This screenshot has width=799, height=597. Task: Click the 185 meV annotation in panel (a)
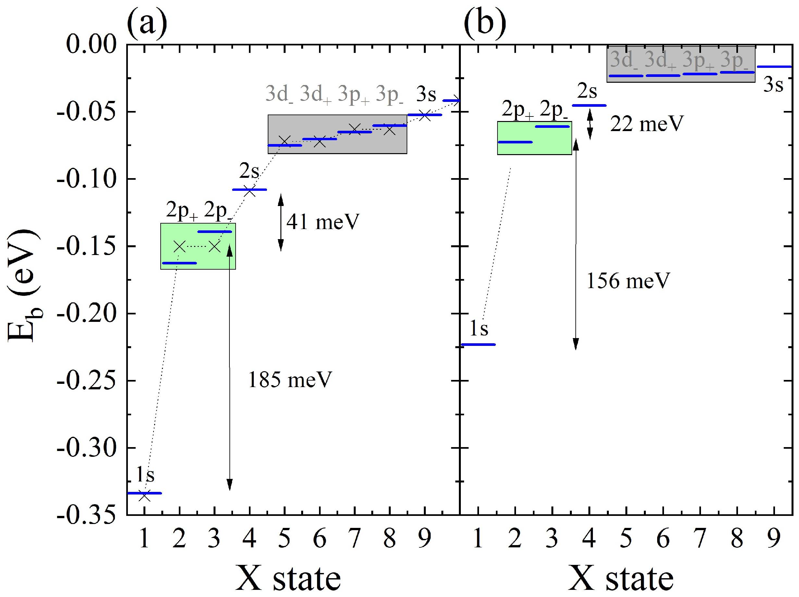pyautogui.click(x=290, y=380)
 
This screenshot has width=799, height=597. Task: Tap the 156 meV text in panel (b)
pyautogui.click(x=628, y=281)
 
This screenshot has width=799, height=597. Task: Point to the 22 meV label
pyautogui.click(x=647, y=124)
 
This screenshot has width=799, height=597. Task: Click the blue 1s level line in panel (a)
pyautogui.click(x=144, y=493)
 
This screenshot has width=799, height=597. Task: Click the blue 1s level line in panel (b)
pyautogui.click(x=478, y=345)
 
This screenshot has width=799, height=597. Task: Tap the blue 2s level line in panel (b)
pyautogui.click(x=589, y=105)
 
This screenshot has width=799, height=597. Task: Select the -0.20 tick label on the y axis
pyautogui.click(x=87, y=313)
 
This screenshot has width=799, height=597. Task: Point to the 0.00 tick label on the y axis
pyautogui.click(x=91, y=44)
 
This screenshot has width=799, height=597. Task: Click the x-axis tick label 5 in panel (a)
pyautogui.click(x=284, y=539)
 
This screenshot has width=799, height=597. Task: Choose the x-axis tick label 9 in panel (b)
pyautogui.click(x=774, y=539)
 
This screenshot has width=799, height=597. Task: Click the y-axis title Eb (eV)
pyautogui.click(x=23, y=285)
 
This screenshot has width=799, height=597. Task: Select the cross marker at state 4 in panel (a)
pyautogui.click(x=250, y=192)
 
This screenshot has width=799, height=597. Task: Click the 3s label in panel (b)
pyautogui.click(x=773, y=85)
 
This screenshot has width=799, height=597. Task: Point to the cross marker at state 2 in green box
pyautogui.click(x=179, y=247)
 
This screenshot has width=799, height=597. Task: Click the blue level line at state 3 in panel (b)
pyautogui.click(x=552, y=127)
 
